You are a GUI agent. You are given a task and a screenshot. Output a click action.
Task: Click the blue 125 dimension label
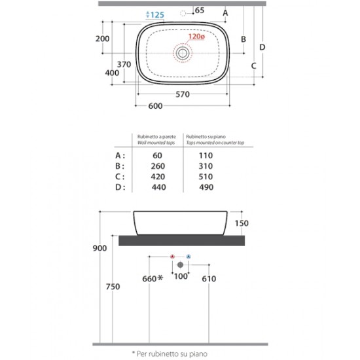[155, 15]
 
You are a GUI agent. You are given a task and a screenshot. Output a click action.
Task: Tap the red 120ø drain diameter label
[196, 36]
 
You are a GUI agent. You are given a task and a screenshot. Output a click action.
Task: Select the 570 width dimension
[183, 94]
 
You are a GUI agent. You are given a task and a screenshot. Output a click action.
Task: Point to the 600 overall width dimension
[155, 106]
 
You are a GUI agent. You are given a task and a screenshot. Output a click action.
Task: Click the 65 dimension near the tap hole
[199, 10]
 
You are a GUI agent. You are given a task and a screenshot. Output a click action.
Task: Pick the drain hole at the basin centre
[183, 53]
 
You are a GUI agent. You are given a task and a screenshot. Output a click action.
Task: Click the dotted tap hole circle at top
[183, 14]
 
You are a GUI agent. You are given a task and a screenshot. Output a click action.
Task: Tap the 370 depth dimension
[124, 64]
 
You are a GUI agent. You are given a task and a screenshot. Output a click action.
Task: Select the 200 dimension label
[102, 39]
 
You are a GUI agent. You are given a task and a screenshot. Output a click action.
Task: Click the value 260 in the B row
[158, 166]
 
